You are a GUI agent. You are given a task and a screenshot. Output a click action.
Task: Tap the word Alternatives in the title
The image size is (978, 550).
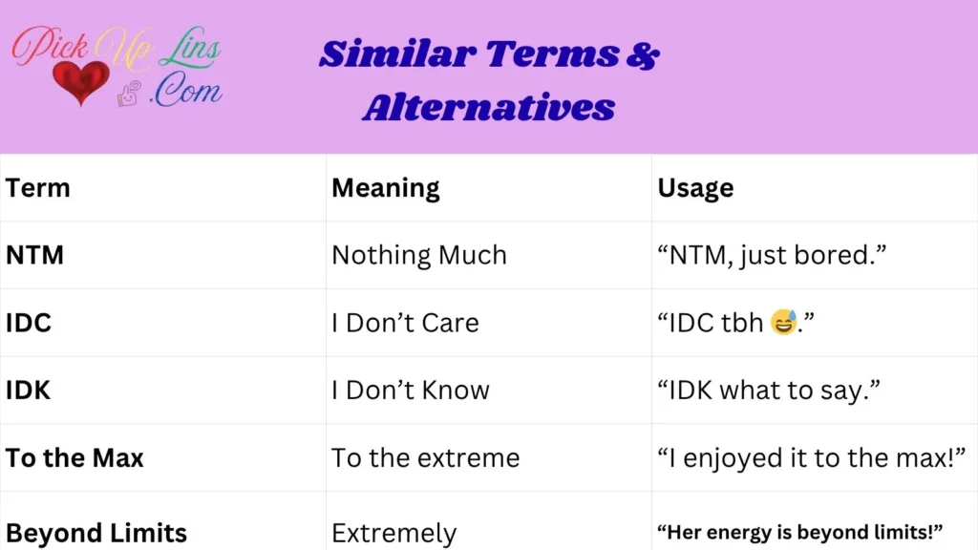click(488, 107)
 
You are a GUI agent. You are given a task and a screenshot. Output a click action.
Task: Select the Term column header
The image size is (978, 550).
click(38, 188)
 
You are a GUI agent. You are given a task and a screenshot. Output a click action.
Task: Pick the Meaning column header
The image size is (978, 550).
click(385, 188)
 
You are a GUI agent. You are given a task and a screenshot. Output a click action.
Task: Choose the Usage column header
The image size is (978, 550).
click(695, 188)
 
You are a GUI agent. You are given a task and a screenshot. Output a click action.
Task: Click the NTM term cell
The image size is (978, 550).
click(35, 256)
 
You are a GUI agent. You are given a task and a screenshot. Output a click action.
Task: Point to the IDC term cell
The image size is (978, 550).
click(29, 323)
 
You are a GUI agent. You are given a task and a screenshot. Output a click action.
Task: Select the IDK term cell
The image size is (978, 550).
click(29, 391)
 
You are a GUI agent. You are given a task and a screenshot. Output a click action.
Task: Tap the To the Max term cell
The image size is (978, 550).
click(74, 458)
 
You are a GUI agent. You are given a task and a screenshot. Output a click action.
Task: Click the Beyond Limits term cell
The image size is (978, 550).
click(96, 532)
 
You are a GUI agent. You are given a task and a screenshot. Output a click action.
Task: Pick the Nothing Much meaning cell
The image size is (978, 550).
click(418, 256)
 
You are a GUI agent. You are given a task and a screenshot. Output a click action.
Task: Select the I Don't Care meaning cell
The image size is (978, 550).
click(405, 323)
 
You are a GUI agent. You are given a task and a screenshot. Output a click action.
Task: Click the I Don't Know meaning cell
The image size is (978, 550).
click(411, 391)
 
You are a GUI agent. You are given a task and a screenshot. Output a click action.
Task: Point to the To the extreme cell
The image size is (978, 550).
click(425, 458)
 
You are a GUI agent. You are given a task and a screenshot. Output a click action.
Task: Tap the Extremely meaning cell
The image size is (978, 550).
click(393, 532)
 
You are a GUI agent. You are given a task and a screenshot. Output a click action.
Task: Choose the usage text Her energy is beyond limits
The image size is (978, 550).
click(800, 531)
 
